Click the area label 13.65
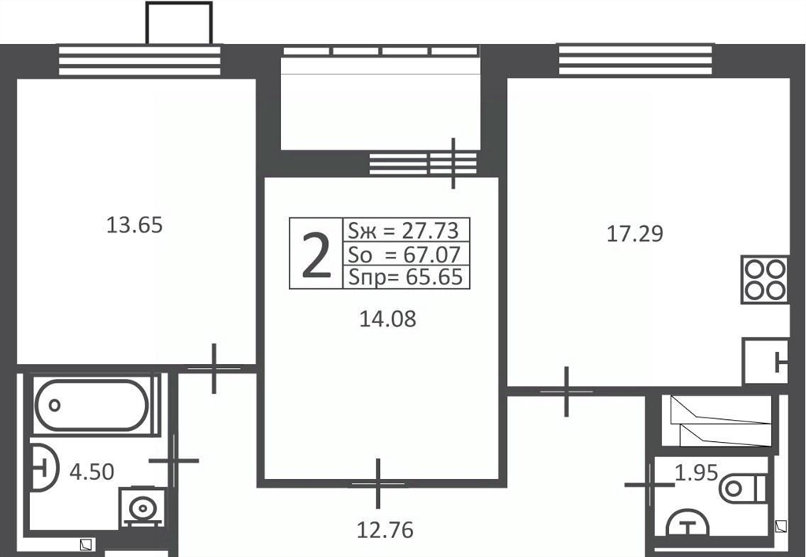coord(134,225)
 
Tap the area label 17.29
coord(635,233)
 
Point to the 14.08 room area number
coord(387,319)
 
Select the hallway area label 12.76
coord(385,529)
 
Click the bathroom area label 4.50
coord(91,472)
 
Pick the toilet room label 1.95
coord(696,473)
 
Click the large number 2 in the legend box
coord(316,254)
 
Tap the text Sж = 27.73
coord(403,230)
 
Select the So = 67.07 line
coord(404,254)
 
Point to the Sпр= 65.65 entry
coord(405,277)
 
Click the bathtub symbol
coord(93,405)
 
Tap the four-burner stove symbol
coord(764,279)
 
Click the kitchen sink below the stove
coord(765,361)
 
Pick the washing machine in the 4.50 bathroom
coord(142,507)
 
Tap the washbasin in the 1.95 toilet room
coord(687,524)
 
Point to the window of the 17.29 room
coord(635,60)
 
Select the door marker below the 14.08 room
coord(379,484)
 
